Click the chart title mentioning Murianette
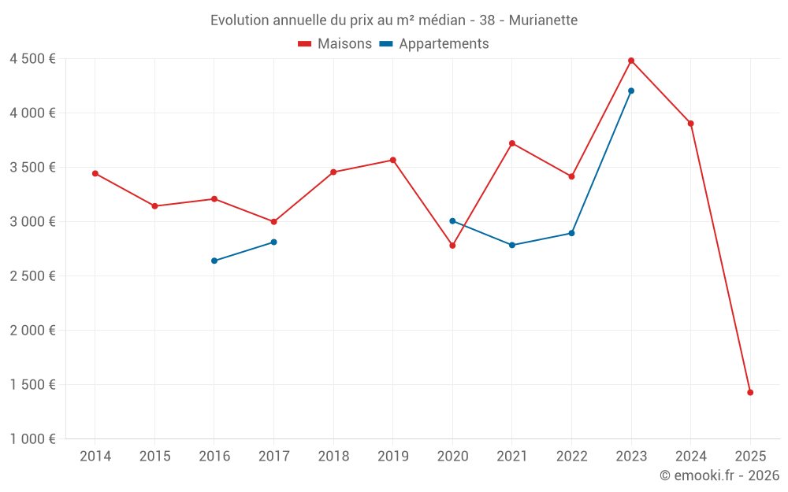(393, 20)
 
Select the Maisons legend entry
(335, 44)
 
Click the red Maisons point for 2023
(631, 61)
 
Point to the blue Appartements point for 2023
(631, 91)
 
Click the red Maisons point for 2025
(750, 392)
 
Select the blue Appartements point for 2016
(214, 261)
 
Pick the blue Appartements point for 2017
(273, 242)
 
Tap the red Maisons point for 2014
(95, 173)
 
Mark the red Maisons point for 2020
(452, 246)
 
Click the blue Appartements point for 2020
(452, 221)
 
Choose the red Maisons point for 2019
(393, 160)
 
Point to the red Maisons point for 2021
(512, 143)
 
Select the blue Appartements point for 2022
(571, 233)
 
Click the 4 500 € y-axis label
(32, 59)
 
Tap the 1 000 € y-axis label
(32, 439)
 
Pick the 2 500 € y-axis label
(32, 276)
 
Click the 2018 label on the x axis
(333, 457)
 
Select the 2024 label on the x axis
(690, 457)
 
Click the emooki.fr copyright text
(719, 475)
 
